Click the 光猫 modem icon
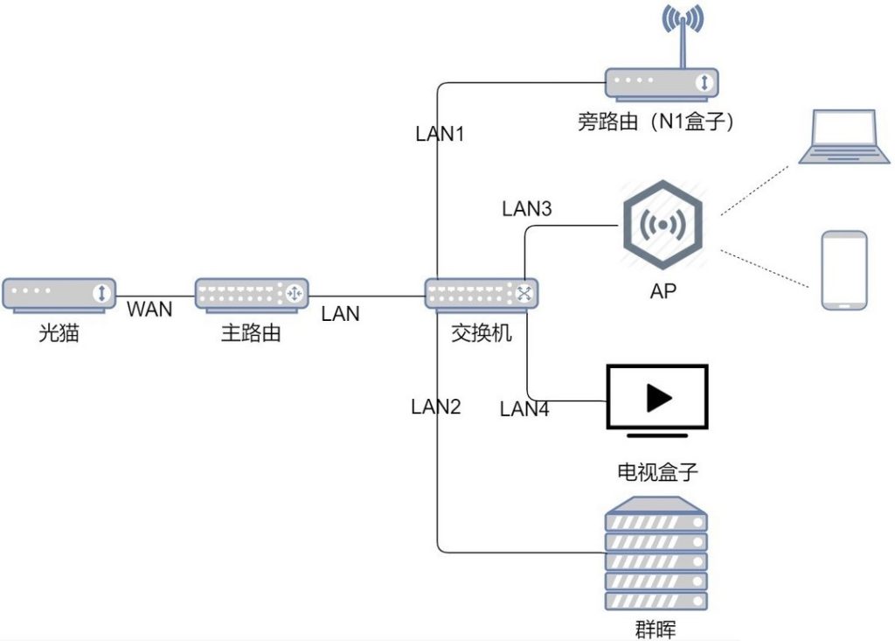point(59,296)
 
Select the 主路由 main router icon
point(252,296)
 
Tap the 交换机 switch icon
point(482,296)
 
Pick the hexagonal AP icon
point(663,225)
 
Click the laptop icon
point(844,137)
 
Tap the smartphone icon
point(844,270)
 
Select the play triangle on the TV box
point(658,398)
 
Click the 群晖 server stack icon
point(656,553)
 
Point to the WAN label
point(149,309)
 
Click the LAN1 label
point(440,134)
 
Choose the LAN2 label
point(435,406)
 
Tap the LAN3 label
point(527,208)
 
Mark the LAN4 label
point(524,408)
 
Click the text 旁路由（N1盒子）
point(656,121)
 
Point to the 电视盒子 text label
point(657,472)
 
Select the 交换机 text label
point(482,332)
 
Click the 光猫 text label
point(59,332)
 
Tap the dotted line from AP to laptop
point(754,191)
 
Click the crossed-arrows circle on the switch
point(524,294)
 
